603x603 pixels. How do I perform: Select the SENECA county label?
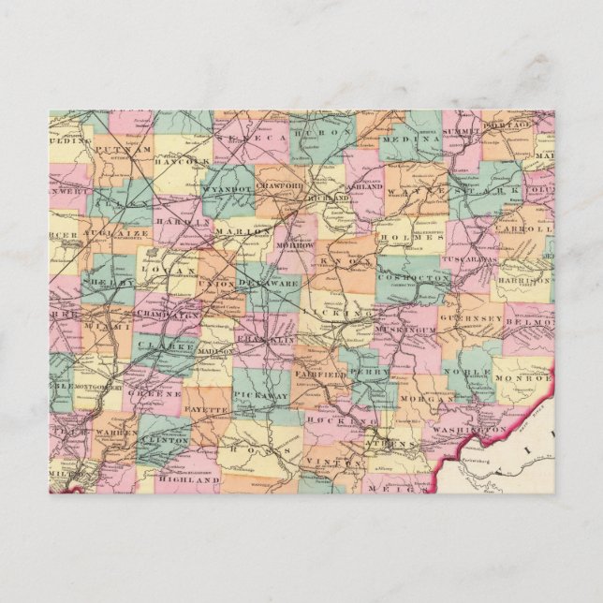pos(243,138)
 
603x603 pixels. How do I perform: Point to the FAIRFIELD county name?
pos(319,374)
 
